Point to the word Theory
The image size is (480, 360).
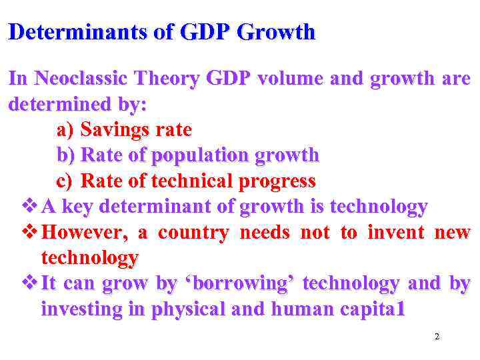(x=168, y=79)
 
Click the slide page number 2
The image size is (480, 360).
(x=437, y=337)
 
